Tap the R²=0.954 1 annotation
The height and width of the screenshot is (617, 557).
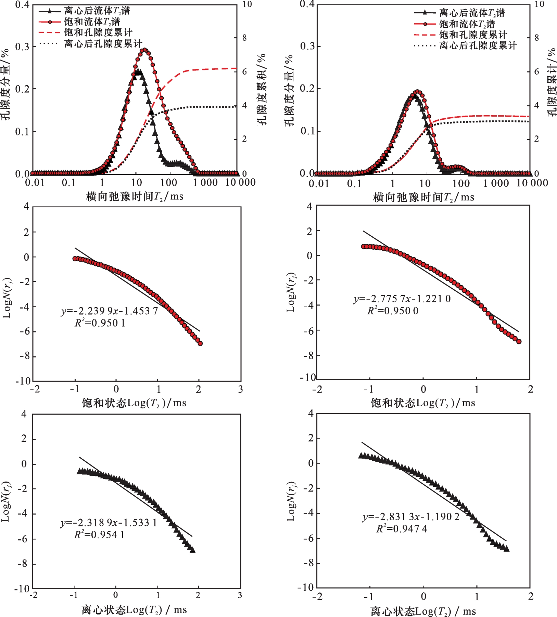click(100, 534)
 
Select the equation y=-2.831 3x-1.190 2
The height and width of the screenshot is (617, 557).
click(411, 517)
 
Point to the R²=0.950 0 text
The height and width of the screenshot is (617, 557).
click(393, 311)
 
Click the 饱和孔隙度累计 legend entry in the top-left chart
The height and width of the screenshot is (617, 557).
click(98, 33)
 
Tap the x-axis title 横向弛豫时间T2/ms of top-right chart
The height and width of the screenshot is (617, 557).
click(423, 197)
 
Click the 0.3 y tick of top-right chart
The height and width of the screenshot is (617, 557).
click(307, 46)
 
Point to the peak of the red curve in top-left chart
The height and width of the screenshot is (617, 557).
click(145, 50)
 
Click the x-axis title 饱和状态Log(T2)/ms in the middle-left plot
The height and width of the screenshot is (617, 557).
click(134, 403)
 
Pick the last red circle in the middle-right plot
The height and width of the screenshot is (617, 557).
click(519, 341)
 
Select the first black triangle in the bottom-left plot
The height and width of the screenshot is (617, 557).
click(79, 471)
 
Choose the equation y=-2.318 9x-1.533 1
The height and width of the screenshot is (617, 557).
click(109, 523)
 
